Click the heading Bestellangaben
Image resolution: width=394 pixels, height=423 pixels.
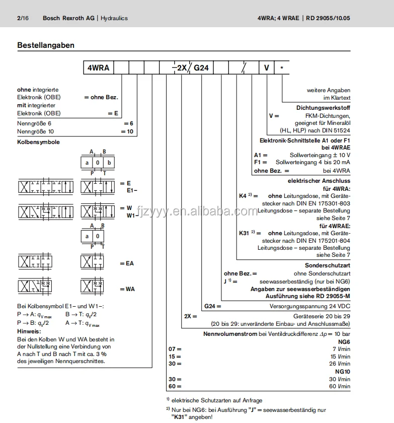click(46, 45)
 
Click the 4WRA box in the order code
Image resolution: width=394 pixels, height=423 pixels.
click(98, 67)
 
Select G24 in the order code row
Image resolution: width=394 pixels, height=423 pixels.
click(201, 67)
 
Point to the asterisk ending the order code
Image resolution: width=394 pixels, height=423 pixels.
click(282, 67)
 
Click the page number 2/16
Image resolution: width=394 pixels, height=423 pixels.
click(23, 18)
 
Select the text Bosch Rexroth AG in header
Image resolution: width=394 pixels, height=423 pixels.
click(68, 18)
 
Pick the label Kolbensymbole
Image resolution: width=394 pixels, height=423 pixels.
click(38, 142)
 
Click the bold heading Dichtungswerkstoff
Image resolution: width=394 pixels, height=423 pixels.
click(323, 108)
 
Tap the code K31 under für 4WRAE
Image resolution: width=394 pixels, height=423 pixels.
click(244, 233)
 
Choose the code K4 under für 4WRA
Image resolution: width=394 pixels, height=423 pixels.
click(243, 195)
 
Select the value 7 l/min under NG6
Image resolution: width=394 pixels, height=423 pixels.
click(342, 348)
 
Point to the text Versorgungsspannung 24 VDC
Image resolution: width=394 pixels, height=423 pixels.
click(310, 306)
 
